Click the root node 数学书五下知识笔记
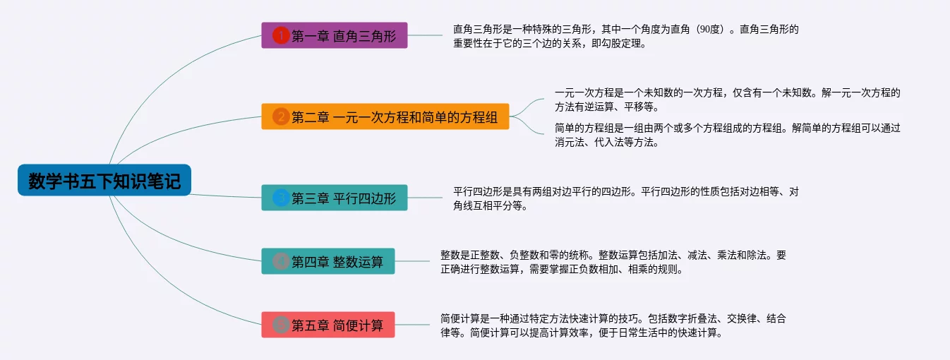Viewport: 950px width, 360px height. (x=104, y=181)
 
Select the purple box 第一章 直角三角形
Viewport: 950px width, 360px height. (x=335, y=35)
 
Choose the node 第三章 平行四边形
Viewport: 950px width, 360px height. (x=335, y=198)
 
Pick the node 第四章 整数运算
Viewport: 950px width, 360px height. (x=328, y=262)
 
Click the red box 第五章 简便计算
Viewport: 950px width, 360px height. (x=328, y=325)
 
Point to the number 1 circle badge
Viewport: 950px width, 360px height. (x=281, y=35)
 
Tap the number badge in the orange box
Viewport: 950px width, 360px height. (x=281, y=116)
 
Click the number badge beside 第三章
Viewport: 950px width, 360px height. (x=281, y=198)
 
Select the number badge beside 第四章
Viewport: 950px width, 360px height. (x=281, y=262)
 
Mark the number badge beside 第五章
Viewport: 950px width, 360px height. (x=281, y=325)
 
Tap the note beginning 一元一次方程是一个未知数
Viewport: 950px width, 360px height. (x=727, y=100)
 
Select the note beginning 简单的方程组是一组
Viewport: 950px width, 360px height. (x=727, y=135)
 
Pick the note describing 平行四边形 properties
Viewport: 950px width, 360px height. (x=625, y=198)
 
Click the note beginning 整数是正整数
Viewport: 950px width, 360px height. (x=613, y=262)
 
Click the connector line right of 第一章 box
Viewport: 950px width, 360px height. (x=425, y=35)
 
